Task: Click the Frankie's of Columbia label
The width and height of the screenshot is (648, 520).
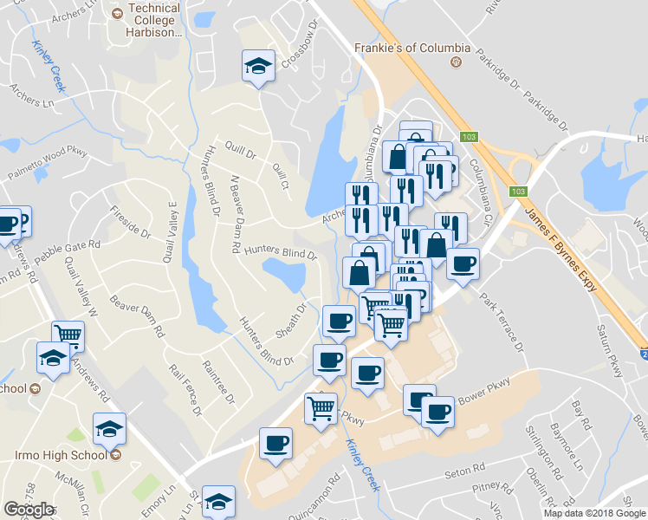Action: click(x=412, y=49)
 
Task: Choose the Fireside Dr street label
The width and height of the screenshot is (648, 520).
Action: click(x=131, y=221)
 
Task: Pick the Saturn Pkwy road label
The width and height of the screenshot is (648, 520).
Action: click(x=610, y=350)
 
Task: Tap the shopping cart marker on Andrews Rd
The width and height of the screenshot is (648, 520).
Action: click(x=68, y=335)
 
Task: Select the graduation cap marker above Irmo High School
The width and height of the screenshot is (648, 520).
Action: click(x=110, y=429)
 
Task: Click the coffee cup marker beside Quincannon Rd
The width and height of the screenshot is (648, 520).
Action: click(x=277, y=444)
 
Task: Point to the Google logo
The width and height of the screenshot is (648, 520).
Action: click(x=28, y=510)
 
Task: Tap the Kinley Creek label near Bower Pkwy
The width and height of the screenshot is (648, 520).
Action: click(x=362, y=463)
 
